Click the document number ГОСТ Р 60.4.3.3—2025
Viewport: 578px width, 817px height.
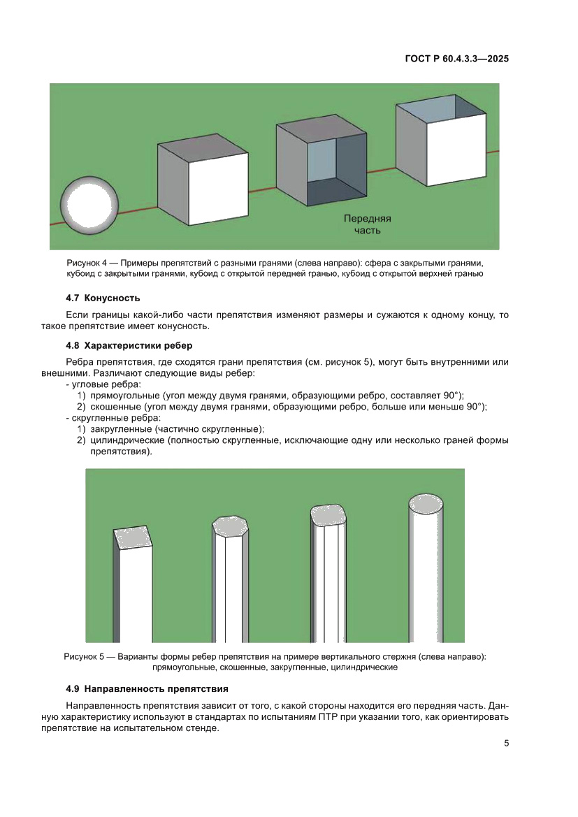point(456,59)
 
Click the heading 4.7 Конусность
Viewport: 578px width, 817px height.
point(103,298)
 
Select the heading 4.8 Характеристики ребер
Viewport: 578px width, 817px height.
point(129,345)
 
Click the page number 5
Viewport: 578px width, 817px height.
point(506,744)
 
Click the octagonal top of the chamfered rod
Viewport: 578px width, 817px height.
point(231,526)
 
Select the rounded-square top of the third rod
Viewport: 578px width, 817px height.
point(328,514)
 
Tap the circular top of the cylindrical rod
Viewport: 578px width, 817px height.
point(425,503)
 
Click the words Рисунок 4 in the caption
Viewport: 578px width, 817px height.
point(87,263)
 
